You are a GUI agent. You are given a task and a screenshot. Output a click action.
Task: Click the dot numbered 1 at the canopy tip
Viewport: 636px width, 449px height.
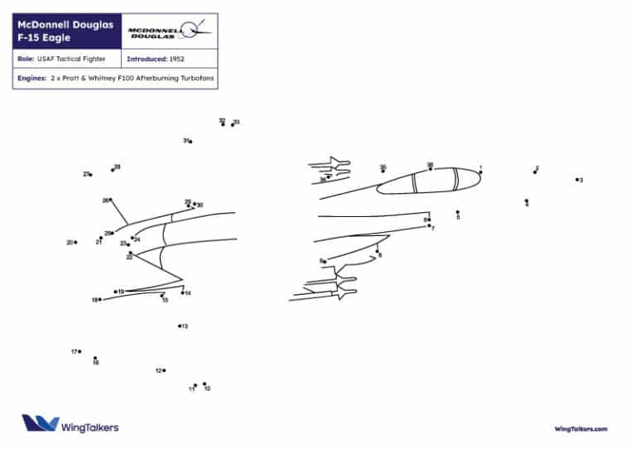[480, 172]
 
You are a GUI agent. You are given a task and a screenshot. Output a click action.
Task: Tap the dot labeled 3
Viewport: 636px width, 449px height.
[578, 179]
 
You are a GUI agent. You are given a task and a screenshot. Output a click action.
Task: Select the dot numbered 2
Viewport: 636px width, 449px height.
[535, 172]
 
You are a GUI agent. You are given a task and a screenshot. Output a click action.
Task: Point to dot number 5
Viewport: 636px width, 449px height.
[458, 212]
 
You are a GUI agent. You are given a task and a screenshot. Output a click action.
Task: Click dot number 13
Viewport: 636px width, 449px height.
[180, 326]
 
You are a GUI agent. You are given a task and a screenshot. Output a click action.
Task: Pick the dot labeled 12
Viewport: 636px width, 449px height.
[164, 370]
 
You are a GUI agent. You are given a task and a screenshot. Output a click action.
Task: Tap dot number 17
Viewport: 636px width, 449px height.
[79, 351]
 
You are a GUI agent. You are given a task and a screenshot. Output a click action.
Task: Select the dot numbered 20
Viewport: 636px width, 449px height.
[75, 242]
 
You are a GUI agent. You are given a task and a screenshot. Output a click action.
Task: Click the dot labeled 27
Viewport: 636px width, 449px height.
[90, 174]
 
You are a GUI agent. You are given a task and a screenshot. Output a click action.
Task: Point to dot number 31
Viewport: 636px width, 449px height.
[190, 142]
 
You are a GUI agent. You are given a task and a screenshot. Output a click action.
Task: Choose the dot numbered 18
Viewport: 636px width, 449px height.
[95, 358]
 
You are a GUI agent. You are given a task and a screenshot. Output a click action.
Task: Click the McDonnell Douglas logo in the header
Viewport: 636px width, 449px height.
[170, 32]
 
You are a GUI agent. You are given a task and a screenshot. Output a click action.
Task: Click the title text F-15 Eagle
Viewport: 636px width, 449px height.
[41, 38]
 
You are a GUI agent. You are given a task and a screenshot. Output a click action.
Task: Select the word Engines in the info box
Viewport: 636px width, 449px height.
[31, 80]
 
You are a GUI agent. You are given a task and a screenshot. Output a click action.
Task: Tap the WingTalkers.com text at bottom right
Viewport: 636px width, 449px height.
[581, 428]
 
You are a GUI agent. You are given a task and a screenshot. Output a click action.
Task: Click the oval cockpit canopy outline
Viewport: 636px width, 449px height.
[426, 181]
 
